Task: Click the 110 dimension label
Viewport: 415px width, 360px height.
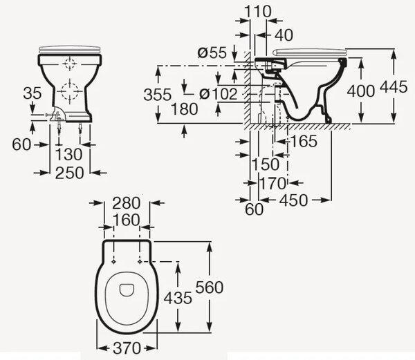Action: tap(257, 12)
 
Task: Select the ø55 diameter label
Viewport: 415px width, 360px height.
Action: tap(212, 53)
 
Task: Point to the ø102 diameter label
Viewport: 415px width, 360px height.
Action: tap(218, 94)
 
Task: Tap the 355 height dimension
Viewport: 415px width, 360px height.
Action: tap(158, 95)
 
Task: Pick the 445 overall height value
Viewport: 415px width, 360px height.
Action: tap(394, 87)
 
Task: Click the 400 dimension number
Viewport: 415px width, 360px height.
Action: tap(361, 91)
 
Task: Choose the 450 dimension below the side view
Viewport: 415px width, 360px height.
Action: tap(294, 200)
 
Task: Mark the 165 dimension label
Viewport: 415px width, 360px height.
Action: tap(304, 141)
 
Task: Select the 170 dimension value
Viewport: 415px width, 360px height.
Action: tap(273, 183)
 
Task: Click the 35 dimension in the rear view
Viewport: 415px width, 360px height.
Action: tap(33, 93)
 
